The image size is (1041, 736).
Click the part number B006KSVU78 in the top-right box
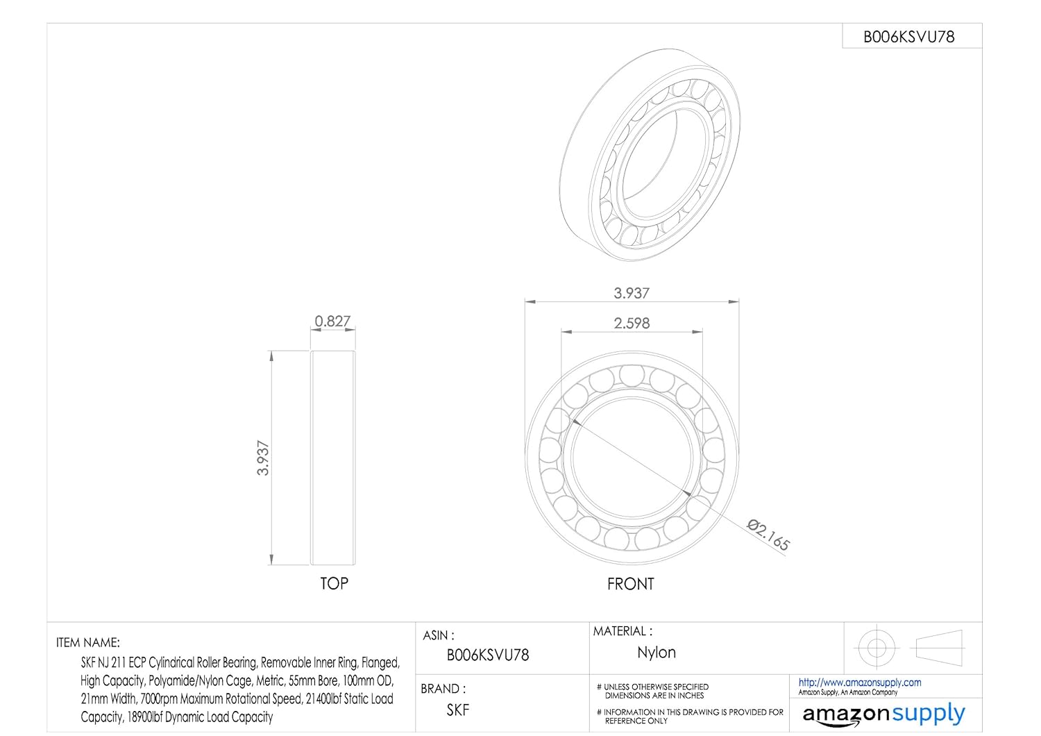[x=908, y=37]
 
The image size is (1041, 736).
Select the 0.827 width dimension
[x=332, y=321]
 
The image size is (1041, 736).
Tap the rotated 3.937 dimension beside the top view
[x=263, y=458]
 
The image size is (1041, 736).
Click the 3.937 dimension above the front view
[x=632, y=293]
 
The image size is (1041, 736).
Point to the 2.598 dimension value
[x=632, y=323]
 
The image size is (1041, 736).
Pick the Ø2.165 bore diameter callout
[x=768, y=535]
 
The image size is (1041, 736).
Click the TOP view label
[x=334, y=583]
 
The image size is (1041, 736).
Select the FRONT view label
[x=631, y=584]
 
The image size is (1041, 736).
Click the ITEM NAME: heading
[x=88, y=642]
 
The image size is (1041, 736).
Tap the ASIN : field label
[x=438, y=635]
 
